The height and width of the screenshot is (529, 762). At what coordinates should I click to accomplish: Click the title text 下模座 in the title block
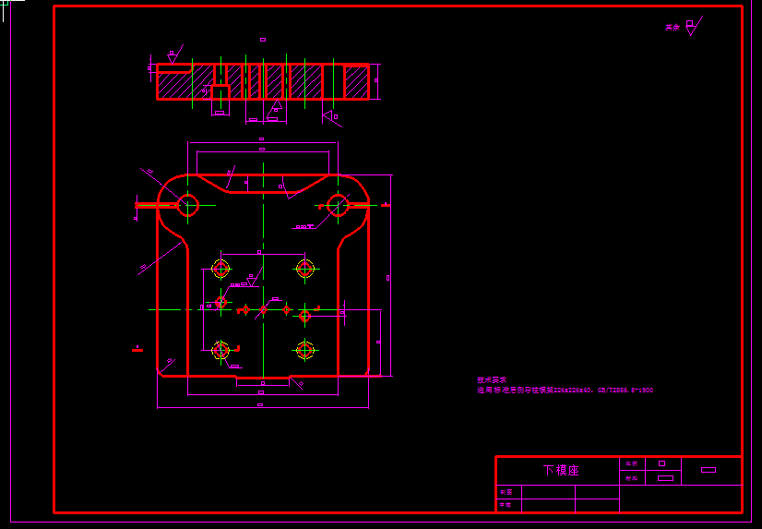click(561, 470)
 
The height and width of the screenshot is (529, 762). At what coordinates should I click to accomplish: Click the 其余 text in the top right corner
click(672, 28)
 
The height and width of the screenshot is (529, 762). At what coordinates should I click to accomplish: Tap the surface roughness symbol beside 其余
click(691, 25)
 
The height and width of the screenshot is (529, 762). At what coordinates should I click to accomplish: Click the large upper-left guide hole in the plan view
click(188, 204)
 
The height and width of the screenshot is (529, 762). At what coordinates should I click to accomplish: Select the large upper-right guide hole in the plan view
click(338, 204)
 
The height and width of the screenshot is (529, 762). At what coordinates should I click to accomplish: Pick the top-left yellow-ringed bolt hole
click(220, 268)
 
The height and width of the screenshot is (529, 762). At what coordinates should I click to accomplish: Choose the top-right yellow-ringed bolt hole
click(305, 268)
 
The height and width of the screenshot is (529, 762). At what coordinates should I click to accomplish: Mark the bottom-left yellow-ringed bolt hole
click(220, 350)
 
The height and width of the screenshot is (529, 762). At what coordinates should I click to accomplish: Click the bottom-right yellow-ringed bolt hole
click(305, 350)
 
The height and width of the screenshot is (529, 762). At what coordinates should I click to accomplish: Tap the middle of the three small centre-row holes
click(263, 309)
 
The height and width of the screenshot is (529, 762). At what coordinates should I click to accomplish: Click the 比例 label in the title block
click(631, 463)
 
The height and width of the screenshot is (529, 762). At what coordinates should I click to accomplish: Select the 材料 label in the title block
click(631, 478)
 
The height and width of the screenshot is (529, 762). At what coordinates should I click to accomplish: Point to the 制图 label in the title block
click(505, 492)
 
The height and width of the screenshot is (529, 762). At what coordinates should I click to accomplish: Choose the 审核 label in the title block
click(505, 505)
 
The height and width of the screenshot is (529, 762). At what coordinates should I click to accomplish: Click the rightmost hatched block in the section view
click(356, 82)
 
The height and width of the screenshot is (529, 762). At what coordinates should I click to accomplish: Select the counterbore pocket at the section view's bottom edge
click(220, 92)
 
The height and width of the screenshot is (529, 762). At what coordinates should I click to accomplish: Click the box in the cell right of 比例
click(661, 463)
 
